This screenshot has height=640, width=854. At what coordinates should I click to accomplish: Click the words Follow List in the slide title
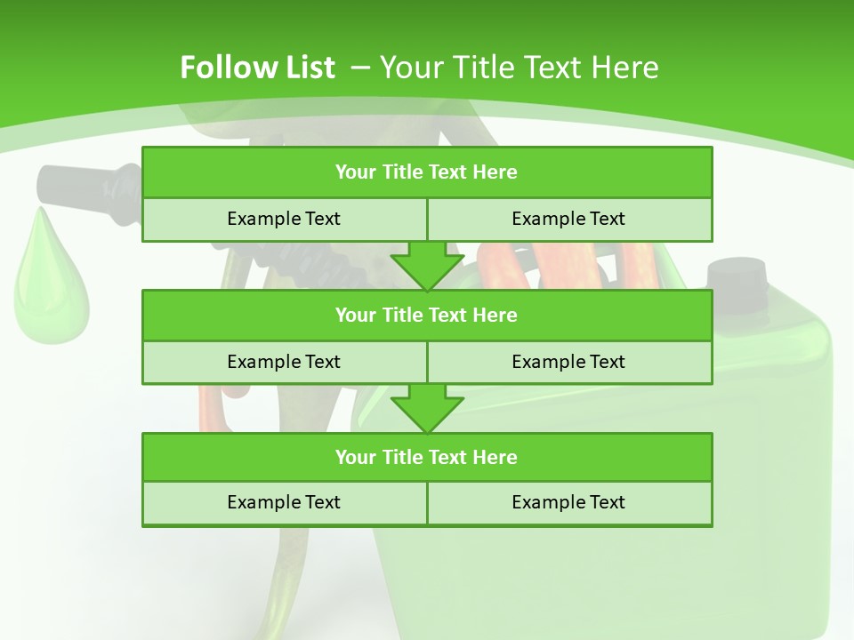[257, 68]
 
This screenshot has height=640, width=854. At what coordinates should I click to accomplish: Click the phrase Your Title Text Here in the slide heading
[520, 68]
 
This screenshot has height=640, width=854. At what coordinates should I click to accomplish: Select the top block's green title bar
[427, 172]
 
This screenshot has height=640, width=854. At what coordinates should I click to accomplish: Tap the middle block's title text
[427, 315]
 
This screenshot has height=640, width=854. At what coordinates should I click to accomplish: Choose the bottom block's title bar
[427, 457]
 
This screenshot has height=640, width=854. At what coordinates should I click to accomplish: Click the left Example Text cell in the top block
[284, 219]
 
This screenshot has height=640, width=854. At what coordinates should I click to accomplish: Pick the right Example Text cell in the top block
[568, 219]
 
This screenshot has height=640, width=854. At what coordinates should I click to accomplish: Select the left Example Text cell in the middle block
[284, 362]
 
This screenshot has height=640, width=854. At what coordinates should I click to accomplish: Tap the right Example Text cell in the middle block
[568, 362]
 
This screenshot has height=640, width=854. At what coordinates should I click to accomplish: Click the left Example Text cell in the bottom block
[284, 502]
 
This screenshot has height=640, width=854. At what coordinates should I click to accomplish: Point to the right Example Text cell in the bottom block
[568, 502]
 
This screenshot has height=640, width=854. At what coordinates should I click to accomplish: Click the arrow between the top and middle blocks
[427, 265]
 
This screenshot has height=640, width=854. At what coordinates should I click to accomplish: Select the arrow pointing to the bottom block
[427, 408]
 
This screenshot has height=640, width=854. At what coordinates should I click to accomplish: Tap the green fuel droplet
[50, 284]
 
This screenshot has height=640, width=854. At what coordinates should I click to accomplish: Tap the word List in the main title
[305, 68]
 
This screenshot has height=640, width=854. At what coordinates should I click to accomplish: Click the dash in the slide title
[361, 68]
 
